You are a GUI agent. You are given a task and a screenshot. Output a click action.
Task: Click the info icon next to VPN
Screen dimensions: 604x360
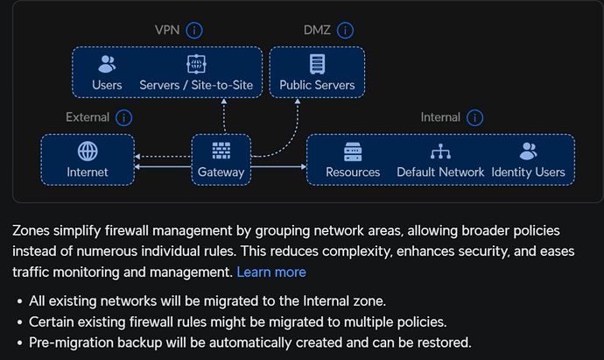click(x=194, y=30)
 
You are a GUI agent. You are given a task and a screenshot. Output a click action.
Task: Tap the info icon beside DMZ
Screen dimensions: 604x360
click(x=345, y=30)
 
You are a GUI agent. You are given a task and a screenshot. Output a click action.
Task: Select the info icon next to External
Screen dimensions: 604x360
click(x=123, y=117)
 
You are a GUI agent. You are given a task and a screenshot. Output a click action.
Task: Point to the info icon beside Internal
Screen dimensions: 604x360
click(x=474, y=117)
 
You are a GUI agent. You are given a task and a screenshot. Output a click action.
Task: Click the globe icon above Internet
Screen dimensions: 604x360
click(x=88, y=151)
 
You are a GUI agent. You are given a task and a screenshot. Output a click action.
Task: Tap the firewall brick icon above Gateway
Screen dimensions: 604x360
click(x=221, y=151)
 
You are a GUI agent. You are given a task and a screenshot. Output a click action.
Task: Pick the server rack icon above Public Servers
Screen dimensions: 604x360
click(x=317, y=64)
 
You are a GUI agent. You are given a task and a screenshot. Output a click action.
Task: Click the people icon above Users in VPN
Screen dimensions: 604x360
click(x=107, y=64)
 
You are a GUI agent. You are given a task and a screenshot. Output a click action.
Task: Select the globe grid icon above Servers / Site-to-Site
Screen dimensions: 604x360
click(x=196, y=64)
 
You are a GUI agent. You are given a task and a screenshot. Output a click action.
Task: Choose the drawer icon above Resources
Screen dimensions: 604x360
click(x=353, y=152)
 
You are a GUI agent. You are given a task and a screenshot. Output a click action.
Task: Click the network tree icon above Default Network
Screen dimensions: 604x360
click(x=440, y=151)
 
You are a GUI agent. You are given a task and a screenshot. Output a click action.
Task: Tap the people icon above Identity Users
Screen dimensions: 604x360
click(x=528, y=151)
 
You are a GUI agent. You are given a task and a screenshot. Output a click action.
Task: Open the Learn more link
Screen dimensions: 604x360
click(x=271, y=272)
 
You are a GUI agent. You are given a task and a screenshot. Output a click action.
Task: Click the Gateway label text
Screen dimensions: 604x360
click(x=221, y=172)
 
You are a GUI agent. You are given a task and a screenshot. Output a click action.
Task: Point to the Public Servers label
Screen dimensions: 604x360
click(x=317, y=85)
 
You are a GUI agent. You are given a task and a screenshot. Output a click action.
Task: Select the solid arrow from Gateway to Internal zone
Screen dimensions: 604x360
click(x=279, y=167)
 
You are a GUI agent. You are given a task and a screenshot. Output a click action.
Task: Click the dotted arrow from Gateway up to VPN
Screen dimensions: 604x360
click(x=224, y=116)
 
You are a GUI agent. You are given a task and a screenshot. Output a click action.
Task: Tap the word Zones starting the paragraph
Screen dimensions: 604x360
click(x=31, y=230)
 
